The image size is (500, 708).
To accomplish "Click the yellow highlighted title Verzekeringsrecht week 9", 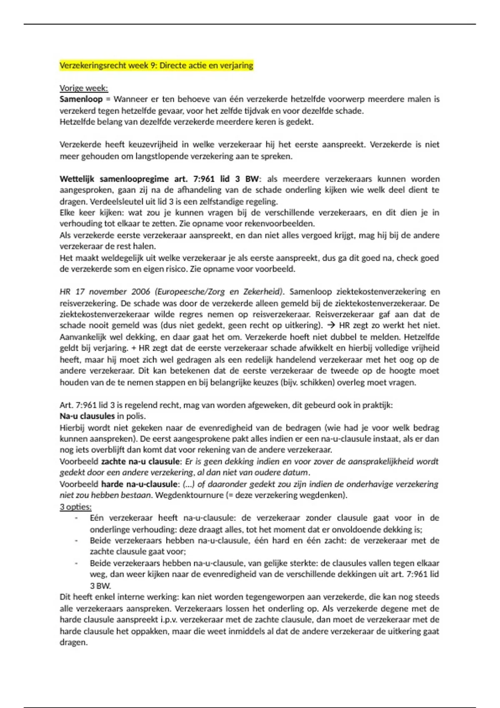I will tap(156, 65).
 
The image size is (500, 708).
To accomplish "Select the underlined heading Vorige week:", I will tap(84, 88).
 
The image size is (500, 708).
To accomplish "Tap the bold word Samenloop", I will tap(81, 100).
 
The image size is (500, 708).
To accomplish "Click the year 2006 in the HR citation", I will tap(141, 292).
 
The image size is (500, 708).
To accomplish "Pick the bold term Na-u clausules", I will tap(87, 416).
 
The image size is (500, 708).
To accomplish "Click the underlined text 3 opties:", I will tap(75, 507).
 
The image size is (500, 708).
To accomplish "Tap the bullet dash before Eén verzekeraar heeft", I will tap(76, 519).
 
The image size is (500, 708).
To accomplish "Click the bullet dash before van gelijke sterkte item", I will tap(76, 563).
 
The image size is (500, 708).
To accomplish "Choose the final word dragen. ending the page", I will tap(74, 643).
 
